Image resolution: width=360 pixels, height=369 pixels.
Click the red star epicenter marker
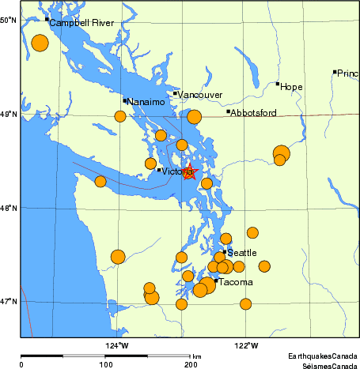(189, 171)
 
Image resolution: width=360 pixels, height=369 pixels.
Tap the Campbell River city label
(81, 24)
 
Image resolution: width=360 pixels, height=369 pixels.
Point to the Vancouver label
(200, 96)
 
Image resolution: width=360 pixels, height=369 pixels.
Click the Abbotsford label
(253, 113)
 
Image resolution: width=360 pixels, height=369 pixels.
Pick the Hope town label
(292, 87)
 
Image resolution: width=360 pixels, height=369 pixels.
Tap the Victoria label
(177, 171)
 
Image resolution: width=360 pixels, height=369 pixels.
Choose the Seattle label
(241, 253)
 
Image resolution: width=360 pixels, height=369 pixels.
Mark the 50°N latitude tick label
(8, 19)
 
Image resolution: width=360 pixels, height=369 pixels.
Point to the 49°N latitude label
(8, 115)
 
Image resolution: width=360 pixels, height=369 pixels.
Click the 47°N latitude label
(8, 301)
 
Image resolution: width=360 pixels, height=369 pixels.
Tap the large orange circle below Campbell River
(40, 43)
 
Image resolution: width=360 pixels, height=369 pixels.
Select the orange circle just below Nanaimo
(120, 116)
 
